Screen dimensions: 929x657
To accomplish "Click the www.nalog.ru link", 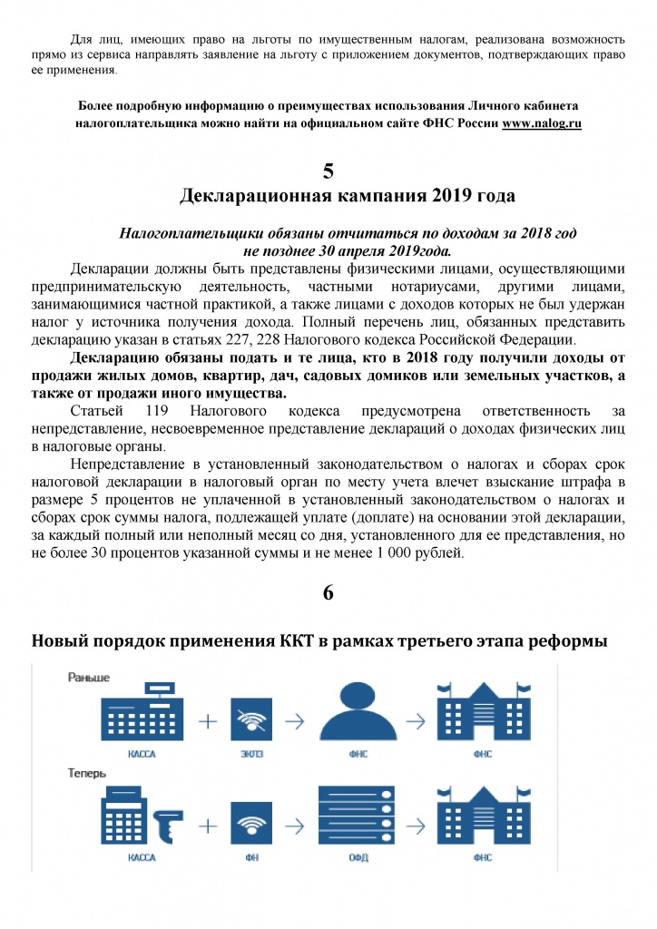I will [x=542, y=123].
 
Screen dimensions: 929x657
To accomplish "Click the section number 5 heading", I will [x=328, y=171].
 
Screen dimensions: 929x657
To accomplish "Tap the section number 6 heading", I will [x=328, y=592].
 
